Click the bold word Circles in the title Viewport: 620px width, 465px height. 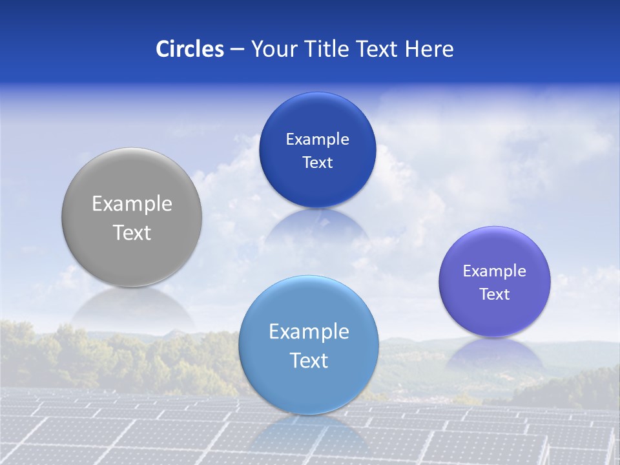[190, 49]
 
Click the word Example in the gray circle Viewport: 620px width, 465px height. [132, 204]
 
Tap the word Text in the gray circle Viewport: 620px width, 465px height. [132, 232]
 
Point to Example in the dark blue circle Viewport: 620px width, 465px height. [318, 139]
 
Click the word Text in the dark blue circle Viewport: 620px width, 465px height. [318, 163]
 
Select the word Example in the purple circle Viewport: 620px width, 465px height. [495, 271]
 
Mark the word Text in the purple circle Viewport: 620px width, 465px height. [495, 294]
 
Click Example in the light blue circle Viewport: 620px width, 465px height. [309, 332]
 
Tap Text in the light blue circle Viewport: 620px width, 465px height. [309, 360]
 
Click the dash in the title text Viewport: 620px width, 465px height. [237, 50]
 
